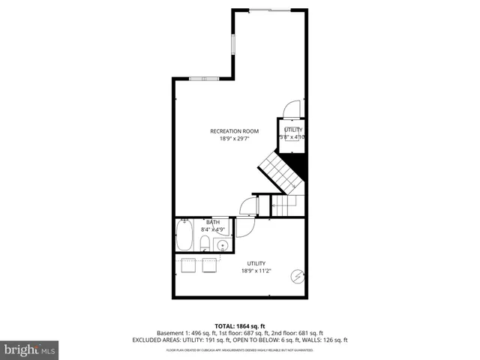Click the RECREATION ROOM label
pyautogui.click(x=234, y=131)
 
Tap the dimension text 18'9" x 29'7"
pyautogui.click(x=234, y=139)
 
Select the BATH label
pyautogui.click(x=214, y=222)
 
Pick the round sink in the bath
pyautogui.click(x=222, y=244)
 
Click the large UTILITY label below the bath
pyautogui.click(x=256, y=263)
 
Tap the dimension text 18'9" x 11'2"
pyautogui.click(x=256, y=271)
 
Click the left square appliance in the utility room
pyautogui.click(x=188, y=264)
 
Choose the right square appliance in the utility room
pyautogui.click(x=209, y=264)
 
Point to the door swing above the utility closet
pyautogui.click(x=293, y=109)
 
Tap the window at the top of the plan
pyautogui.click(x=261, y=9)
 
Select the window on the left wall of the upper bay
pyautogui.click(x=233, y=42)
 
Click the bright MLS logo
pyautogui.click(x=30, y=349)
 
